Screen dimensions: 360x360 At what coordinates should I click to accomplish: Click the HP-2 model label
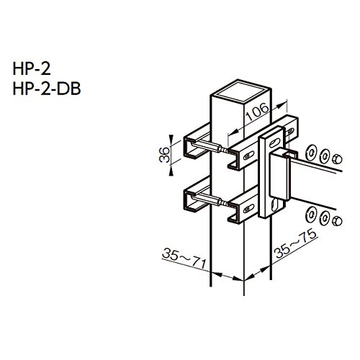(32, 68)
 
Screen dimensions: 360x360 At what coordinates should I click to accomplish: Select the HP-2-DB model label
(47, 89)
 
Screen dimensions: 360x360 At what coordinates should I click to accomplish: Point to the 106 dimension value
(258, 112)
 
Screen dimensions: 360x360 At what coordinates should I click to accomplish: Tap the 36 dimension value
(165, 155)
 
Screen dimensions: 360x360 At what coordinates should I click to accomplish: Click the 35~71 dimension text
(184, 258)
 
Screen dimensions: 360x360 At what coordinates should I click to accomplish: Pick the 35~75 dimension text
(296, 243)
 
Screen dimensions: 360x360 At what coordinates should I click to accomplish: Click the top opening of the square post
(240, 91)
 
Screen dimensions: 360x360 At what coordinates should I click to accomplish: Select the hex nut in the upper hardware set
(337, 159)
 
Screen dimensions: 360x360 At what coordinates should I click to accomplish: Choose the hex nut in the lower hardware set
(337, 221)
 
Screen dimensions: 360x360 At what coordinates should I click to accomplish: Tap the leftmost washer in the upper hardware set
(310, 152)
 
